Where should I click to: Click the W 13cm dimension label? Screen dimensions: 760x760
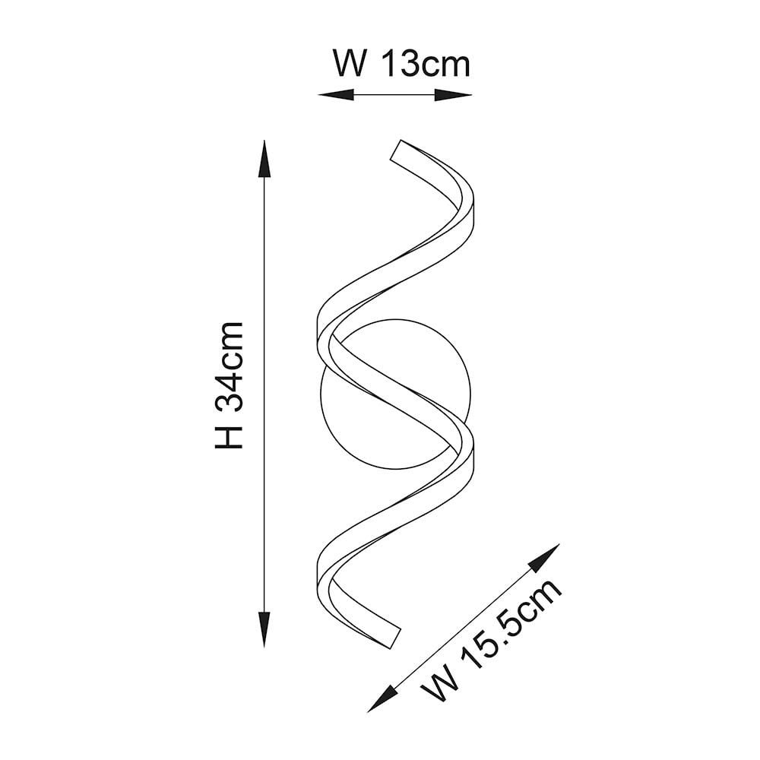click(401, 64)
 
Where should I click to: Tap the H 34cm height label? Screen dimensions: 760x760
click(229, 385)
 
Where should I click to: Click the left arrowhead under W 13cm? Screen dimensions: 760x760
click(336, 95)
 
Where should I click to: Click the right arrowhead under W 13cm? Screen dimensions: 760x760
click(453, 95)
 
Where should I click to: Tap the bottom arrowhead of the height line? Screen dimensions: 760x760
click(264, 629)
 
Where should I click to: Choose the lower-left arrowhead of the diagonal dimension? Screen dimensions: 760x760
click(383, 698)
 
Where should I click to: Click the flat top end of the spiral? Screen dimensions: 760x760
click(395, 150)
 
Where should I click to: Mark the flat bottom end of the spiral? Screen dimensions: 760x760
click(395, 638)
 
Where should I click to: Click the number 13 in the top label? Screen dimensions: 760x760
click(400, 64)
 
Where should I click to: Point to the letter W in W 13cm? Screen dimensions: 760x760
click(349, 64)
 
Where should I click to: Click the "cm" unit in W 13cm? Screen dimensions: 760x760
click(445, 68)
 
